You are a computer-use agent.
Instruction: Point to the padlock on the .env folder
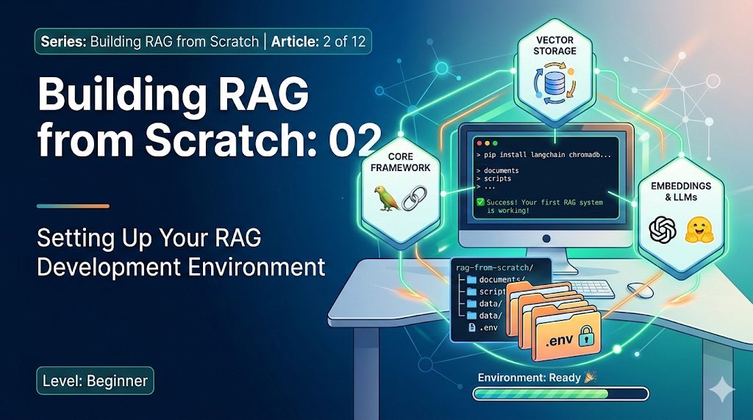585,338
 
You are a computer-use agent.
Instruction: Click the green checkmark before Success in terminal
480,200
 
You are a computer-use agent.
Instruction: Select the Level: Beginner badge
95,381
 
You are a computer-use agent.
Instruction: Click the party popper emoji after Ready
590,377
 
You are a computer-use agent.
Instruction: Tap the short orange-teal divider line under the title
73,206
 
